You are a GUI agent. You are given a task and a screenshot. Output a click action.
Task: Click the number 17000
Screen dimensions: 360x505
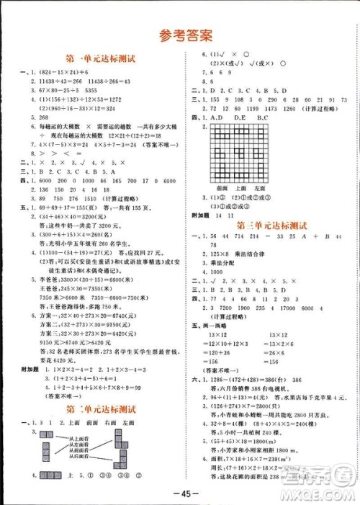pyautogui.click(x=286, y=308)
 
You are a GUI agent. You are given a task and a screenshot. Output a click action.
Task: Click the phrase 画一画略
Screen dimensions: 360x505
pyautogui.click(x=218, y=326)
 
